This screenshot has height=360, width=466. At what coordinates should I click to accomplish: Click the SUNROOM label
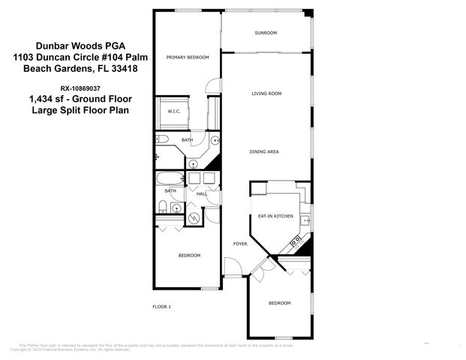click(x=266, y=33)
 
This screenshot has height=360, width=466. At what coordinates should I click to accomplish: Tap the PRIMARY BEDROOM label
click(x=188, y=57)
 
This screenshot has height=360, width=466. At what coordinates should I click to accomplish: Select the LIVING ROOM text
click(x=266, y=93)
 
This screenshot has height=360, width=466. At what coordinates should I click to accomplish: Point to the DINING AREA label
click(x=264, y=151)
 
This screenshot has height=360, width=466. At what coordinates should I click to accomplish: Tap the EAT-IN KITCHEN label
click(x=276, y=216)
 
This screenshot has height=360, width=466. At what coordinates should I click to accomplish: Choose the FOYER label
click(x=240, y=244)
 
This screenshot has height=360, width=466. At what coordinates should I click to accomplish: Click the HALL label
click(x=202, y=194)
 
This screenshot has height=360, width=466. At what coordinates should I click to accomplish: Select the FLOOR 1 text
click(x=162, y=307)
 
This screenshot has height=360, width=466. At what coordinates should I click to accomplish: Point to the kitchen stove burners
click(x=296, y=241)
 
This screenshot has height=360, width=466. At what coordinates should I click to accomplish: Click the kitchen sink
click(x=306, y=220)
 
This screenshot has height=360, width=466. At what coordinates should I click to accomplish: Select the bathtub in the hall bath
click(x=169, y=178)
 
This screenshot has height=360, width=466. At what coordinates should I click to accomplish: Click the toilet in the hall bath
click(x=163, y=207)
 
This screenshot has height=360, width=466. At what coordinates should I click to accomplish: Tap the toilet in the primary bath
click(x=163, y=139)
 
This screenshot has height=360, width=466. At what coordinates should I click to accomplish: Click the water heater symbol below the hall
click(x=194, y=218)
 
